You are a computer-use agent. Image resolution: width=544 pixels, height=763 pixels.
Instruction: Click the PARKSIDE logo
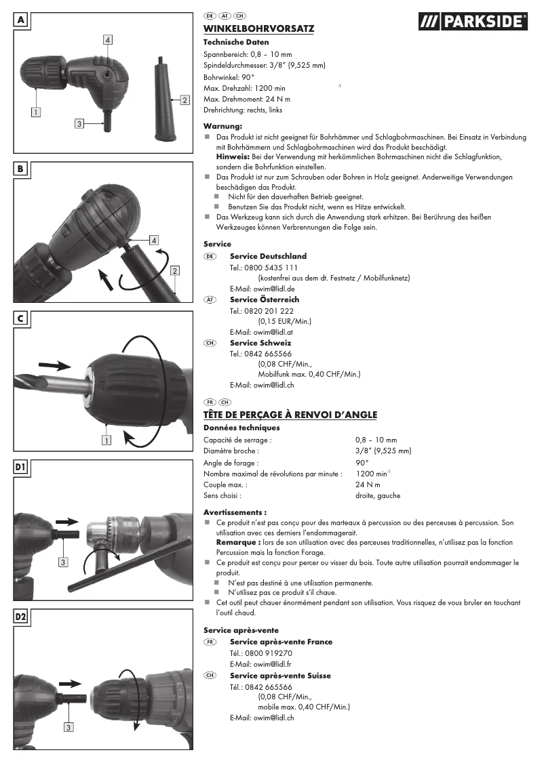(x=472, y=22)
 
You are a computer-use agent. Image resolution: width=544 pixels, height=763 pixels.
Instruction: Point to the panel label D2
(x=21, y=617)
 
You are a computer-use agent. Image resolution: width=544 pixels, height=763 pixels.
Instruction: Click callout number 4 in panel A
(x=108, y=40)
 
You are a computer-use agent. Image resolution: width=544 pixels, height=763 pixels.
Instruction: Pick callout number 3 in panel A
(x=79, y=123)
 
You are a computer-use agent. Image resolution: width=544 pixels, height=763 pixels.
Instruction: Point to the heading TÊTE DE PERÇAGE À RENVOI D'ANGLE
(x=290, y=415)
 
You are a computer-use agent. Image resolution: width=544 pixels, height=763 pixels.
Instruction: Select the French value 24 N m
(x=368, y=484)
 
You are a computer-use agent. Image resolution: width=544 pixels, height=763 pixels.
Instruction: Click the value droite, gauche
(x=378, y=495)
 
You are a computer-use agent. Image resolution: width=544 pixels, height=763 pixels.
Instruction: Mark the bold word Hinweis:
(x=233, y=157)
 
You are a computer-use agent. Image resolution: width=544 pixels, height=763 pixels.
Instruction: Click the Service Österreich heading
(x=265, y=300)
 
